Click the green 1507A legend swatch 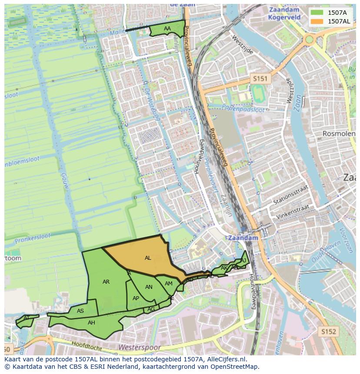(317, 12)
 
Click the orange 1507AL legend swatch (317, 21)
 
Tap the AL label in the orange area (148, 258)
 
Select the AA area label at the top (167, 29)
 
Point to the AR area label (106, 282)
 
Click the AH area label (91, 323)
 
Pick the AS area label (80, 311)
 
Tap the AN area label (149, 287)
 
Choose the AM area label (169, 284)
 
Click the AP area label (136, 298)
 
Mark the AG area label (151, 309)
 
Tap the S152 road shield (329, 331)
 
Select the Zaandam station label (243, 238)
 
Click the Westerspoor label (139, 348)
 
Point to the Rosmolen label (340, 134)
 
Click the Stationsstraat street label (290, 195)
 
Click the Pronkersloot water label (33, 238)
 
